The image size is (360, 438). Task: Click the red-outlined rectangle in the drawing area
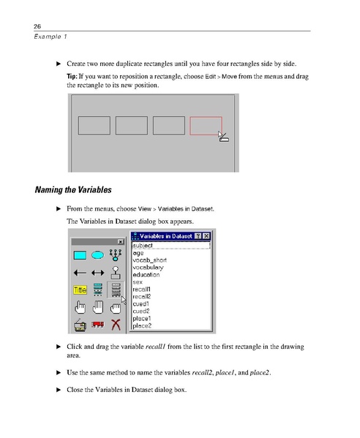point(206,126)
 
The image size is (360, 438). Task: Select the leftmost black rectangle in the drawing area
point(93,126)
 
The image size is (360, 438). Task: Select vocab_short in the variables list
point(149,260)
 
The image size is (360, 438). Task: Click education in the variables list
point(146,274)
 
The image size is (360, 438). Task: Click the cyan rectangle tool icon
point(80,254)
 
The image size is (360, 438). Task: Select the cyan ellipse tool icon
point(97,254)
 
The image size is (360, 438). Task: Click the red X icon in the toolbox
point(114,325)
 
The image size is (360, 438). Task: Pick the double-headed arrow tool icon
point(97,273)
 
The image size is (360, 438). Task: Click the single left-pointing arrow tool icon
point(80,273)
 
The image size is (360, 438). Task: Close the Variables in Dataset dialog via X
point(206,235)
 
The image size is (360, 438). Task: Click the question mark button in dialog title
point(198,235)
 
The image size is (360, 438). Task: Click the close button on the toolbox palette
point(120,241)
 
